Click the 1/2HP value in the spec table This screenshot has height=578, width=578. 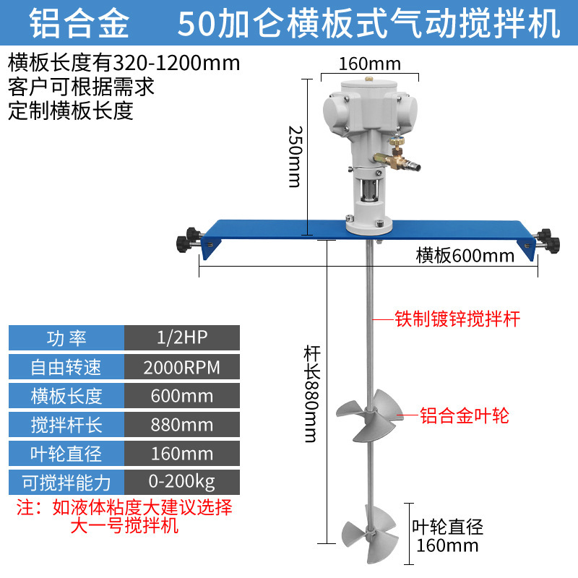pos(182,338)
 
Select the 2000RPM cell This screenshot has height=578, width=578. pos(182,367)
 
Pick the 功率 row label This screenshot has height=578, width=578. pos(66,338)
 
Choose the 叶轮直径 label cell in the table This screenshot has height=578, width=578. pos(66,453)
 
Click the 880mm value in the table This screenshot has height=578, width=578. pos(182,424)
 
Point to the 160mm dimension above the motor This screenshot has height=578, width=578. pos(370,62)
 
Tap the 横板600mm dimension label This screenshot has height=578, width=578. pos(465,255)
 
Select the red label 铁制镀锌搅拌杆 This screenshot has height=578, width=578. pos(457,319)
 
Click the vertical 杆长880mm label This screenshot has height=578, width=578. pos(311,394)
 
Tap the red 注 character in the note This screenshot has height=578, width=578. pos(23,506)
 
